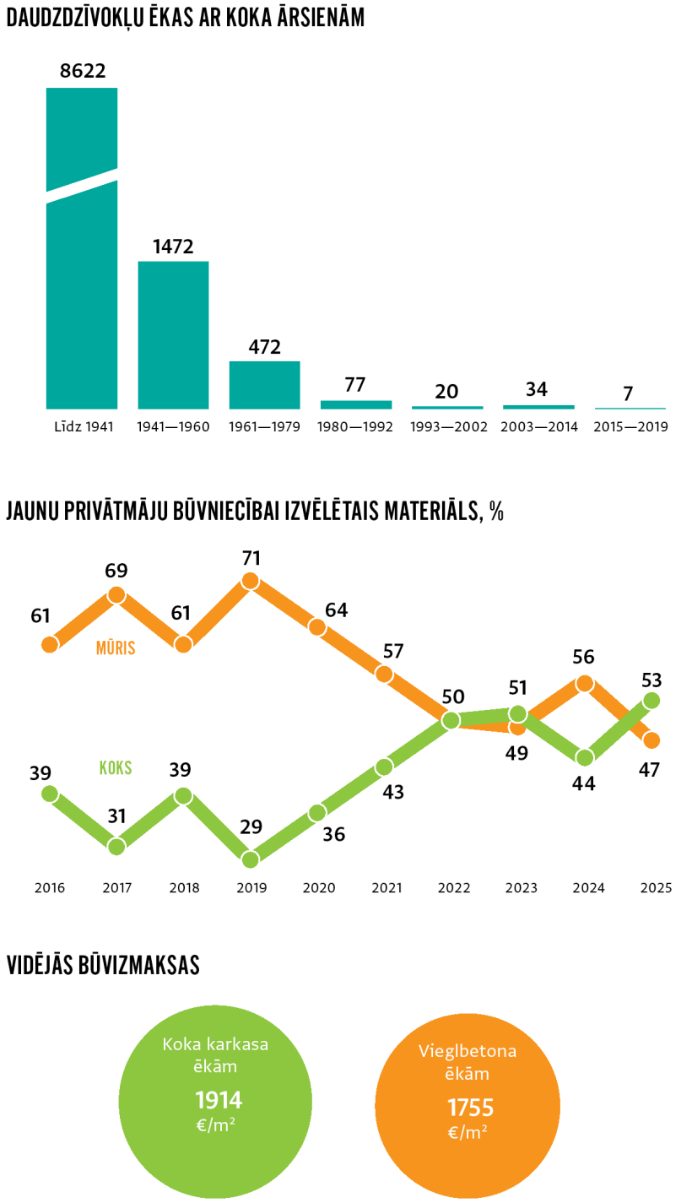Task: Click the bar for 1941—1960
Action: (173, 335)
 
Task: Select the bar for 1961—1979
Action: (264, 385)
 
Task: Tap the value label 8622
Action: (83, 71)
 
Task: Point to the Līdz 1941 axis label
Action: (83, 427)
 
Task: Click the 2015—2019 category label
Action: (630, 427)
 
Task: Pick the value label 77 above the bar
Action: (355, 385)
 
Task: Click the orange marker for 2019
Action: (250, 580)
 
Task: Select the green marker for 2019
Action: (250, 859)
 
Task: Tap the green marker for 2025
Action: (651, 700)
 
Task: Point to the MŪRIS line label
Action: (116, 648)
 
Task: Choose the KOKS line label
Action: (116, 768)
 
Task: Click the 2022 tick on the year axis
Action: (454, 888)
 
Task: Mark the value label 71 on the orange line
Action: (251, 558)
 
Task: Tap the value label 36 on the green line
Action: (334, 834)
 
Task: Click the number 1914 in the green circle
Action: (219, 1100)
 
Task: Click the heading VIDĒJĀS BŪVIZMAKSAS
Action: (103, 966)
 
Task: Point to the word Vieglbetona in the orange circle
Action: (468, 1052)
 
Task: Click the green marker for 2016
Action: (50, 794)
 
